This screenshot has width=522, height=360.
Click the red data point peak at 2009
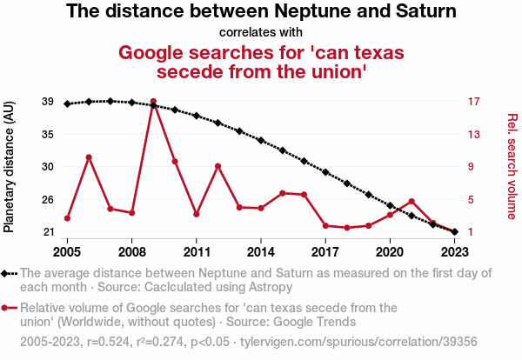click(153, 102)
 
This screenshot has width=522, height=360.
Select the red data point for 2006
click(89, 157)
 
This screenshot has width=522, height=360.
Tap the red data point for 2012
click(217, 166)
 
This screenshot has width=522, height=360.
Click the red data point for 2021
click(412, 202)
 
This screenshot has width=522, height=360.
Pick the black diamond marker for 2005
click(67, 103)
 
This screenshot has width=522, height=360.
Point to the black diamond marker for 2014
click(261, 140)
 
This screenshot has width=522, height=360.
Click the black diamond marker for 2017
click(325, 172)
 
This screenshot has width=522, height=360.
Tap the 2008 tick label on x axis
click(131, 250)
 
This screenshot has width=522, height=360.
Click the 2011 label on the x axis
click(197, 250)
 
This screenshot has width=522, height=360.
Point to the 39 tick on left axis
click(48, 102)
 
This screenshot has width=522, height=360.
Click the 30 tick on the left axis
click(48, 166)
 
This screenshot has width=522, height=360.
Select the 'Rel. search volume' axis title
click(512, 166)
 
